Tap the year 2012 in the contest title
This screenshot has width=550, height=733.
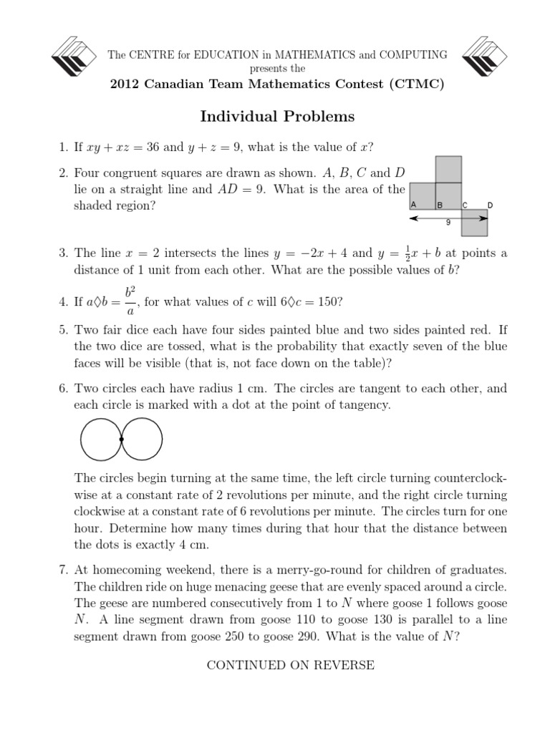coord(124,84)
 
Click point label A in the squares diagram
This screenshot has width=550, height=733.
coord(414,205)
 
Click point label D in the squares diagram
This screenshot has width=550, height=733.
coord(490,205)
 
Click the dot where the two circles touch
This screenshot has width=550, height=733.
coord(122,439)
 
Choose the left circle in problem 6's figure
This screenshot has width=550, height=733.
coord(100,439)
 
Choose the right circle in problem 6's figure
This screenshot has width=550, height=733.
coord(143,439)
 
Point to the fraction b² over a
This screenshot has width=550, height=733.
coord(130,302)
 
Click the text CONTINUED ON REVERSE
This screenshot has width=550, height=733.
coord(290,665)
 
